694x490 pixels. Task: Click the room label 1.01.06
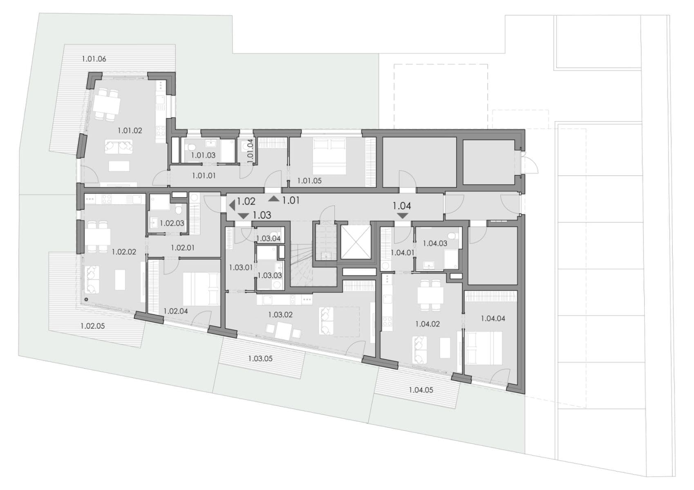94,59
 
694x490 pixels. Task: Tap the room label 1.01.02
130,131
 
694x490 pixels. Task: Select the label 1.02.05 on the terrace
92,326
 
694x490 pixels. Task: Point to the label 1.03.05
260,359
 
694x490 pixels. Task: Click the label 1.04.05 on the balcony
421,390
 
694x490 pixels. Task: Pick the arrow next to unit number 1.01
273,199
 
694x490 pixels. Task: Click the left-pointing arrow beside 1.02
232,204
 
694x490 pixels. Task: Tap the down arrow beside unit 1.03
243,216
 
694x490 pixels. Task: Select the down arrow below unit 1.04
402,216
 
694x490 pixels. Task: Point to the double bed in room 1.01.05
329,156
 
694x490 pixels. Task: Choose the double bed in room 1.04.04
484,348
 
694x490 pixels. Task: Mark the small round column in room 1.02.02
86,299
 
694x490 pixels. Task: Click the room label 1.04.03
435,243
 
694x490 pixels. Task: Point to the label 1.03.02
280,315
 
